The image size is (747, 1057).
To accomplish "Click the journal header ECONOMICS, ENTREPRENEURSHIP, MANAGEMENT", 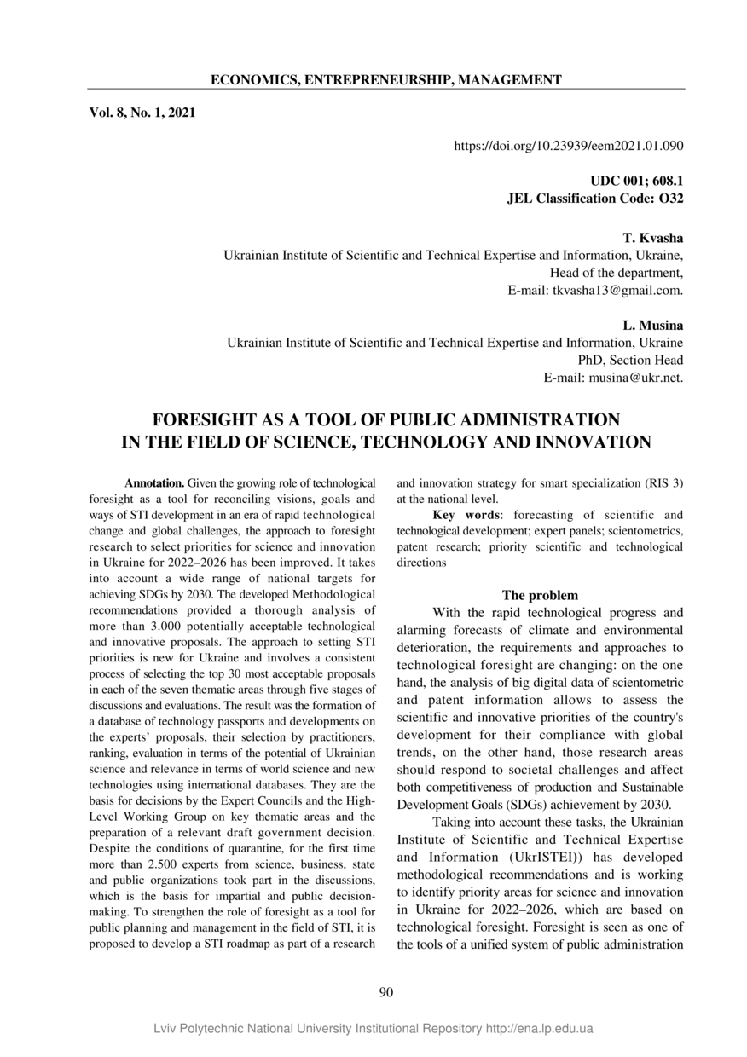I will click(x=385, y=80).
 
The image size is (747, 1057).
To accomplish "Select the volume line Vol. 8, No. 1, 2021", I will click(x=142, y=112).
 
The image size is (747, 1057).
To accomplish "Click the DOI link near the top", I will click(x=569, y=147).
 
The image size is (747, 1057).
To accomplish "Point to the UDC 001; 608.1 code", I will click(x=637, y=182).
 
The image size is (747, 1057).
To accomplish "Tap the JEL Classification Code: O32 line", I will click(x=595, y=199).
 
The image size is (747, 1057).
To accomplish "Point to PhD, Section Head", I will click(x=630, y=360).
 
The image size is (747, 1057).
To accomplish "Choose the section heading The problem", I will click(x=540, y=595).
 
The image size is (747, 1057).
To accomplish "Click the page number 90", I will click(x=385, y=991).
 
